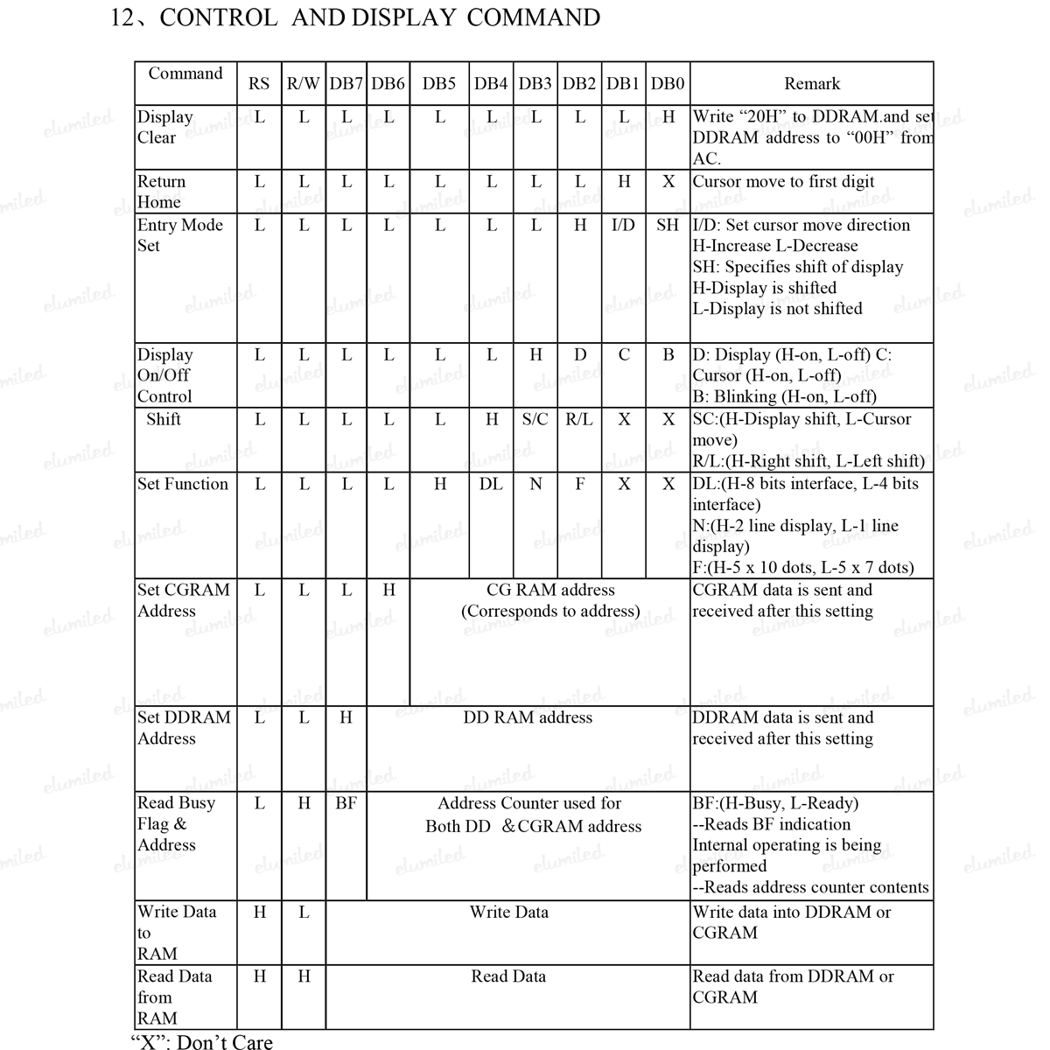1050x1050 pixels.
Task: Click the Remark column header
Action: point(811,84)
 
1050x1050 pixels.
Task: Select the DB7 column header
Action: point(346,84)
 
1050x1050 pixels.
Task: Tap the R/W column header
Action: point(303,84)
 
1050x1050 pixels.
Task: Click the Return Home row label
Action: point(162,192)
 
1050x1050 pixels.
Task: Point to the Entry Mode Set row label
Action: point(179,235)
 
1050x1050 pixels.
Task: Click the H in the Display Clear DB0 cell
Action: point(668,116)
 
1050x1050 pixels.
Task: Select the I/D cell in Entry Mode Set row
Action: point(623,226)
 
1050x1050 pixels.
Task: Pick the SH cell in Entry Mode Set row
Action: point(668,226)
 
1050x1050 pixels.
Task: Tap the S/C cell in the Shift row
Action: point(535,419)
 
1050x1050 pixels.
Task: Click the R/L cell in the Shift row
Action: point(578,419)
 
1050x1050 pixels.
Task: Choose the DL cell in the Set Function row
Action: point(491,484)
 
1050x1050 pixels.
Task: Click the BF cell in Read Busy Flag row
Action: point(346,802)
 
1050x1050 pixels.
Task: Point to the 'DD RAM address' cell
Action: point(528,717)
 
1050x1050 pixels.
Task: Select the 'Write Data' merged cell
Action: point(508,912)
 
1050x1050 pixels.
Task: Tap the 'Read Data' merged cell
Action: point(508,976)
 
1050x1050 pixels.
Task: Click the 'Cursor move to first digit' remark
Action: point(783,182)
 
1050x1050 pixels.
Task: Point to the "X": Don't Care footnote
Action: point(201,1041)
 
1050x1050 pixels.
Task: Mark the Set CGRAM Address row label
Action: point(183,600)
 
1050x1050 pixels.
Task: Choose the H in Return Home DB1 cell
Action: point(624,182)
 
